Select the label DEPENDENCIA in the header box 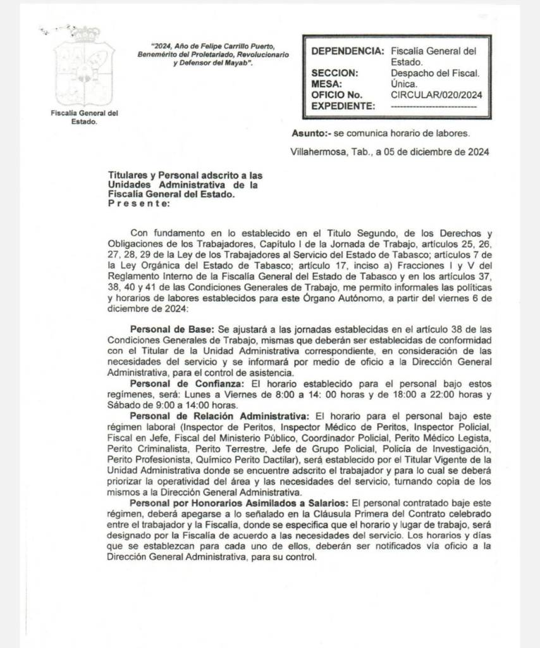pos(347,51)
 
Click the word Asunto pos(309,134)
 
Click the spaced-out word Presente pos(138,204)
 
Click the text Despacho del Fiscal pos(435,73)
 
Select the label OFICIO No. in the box pos(337,95)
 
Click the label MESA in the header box pos(328,84)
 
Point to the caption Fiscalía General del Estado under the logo pos(85,118)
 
